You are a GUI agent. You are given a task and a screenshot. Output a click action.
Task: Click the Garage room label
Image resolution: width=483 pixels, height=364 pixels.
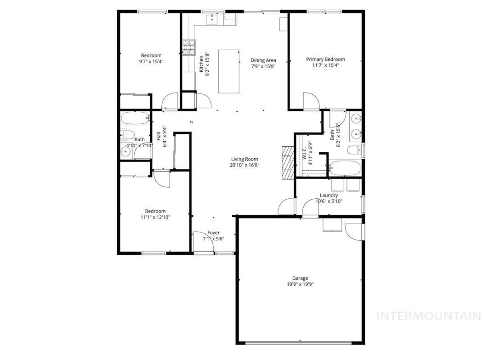300,278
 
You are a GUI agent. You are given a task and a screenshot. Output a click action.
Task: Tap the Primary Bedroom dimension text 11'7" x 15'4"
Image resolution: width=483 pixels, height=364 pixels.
326,65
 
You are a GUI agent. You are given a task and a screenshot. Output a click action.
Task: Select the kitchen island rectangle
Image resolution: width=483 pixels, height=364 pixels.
228,71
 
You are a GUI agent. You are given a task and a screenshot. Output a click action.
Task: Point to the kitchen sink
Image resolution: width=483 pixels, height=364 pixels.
213,18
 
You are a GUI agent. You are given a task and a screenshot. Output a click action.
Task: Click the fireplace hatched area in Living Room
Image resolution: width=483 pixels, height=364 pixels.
287,162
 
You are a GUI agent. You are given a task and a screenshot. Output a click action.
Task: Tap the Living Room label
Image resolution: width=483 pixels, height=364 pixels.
244,159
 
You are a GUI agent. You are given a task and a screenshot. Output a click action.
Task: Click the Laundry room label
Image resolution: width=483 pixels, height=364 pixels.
329,195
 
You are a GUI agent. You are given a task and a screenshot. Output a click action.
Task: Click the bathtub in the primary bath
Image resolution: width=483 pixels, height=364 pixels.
345,168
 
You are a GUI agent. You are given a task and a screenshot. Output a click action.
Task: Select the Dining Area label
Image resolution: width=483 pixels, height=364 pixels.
263,60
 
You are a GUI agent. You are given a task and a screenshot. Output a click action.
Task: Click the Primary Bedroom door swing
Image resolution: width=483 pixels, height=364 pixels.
310,102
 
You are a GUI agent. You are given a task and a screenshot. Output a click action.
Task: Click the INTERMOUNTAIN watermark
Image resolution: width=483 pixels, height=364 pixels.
428,316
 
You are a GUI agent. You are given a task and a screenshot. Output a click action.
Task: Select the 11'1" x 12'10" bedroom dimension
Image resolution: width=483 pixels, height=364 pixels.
155,217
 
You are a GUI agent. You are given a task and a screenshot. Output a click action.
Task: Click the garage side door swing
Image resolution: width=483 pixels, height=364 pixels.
354,231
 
